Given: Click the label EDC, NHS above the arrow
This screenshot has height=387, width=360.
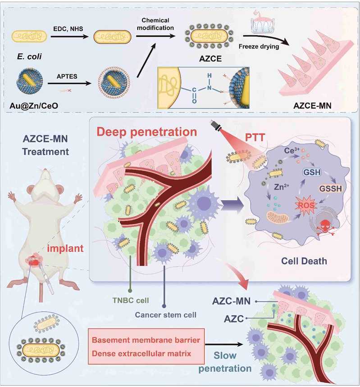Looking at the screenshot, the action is [x=68, y=29].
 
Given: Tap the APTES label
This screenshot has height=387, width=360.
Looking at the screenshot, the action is [x=67, y=76].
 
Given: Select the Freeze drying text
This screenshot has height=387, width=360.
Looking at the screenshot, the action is [x=259, y=47].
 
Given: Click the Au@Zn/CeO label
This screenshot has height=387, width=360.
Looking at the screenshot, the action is [x=34, y=106].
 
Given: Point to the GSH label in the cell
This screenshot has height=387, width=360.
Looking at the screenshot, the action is [x=312, y=172].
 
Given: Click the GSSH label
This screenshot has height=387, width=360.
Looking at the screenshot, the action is [x=331, y=189].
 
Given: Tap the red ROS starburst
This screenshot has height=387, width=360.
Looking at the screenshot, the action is [x=306, y=205].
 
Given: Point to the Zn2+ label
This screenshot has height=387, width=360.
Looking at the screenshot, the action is [x=281, y=187].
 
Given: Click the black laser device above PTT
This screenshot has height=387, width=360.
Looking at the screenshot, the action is [x=216, y=126].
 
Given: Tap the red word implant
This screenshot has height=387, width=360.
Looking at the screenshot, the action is [x=65, y=248].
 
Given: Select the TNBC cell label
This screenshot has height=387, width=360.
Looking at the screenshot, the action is [x=131, y=300].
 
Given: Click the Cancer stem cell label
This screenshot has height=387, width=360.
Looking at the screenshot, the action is [x=165, y=315].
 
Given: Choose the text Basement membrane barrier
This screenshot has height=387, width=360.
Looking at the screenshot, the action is [x=146, y=340].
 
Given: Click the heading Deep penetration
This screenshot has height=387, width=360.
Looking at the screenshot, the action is [x=147, y=132].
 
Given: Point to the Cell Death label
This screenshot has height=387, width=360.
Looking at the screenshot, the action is [x=304, y=261].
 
